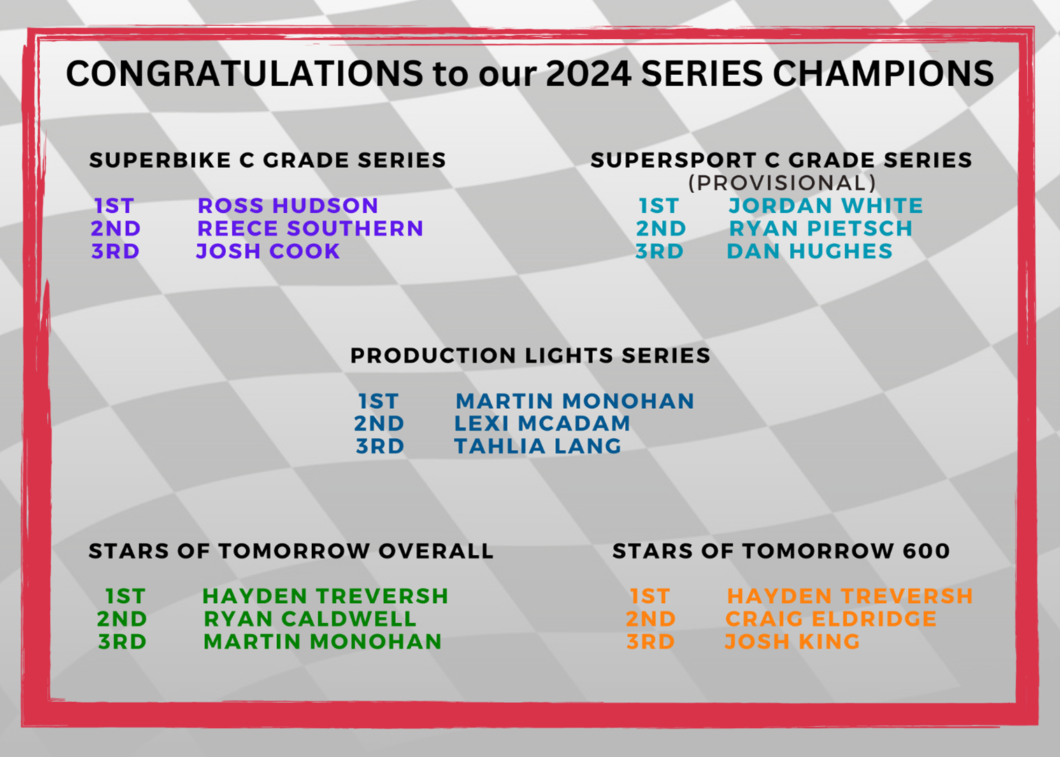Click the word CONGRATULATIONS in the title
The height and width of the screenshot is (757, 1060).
point(245,73)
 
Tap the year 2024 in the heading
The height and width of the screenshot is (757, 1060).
point(589,73)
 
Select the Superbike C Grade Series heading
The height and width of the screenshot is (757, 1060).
point(268,160)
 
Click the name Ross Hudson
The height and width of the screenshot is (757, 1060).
point(287,206)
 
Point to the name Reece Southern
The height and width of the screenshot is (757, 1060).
point(310,229)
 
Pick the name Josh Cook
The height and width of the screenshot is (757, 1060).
point(268,251)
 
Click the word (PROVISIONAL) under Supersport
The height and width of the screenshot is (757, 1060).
point(782,183)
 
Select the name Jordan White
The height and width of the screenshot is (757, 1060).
point(826,206)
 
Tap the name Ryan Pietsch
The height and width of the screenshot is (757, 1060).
point(821,229)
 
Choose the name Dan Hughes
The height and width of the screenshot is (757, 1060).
point(810,251)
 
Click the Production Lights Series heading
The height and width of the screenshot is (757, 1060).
point(531,356)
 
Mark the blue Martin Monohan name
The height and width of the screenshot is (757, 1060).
point(575,401)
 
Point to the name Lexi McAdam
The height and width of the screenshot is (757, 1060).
point(543,424)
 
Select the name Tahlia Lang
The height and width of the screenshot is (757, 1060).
point(538,446)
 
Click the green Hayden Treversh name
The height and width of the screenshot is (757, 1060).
point(325,596)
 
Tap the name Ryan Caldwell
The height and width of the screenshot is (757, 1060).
point(310,619)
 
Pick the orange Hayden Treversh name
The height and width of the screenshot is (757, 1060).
point(850,596)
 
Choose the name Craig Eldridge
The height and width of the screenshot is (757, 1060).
point(831,619)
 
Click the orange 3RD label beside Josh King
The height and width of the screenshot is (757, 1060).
point(651,642)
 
